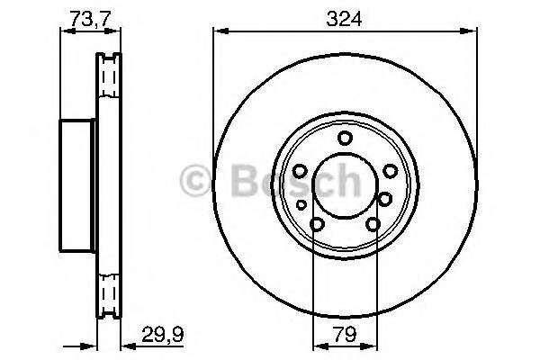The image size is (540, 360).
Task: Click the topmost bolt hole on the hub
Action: pos(345,138)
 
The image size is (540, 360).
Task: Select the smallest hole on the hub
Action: pos(301,206)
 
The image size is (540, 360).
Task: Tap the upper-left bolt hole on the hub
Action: pos(301,169)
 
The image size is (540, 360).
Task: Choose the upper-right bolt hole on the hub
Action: pos(389,170)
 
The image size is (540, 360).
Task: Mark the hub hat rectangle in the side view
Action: pos(77,185)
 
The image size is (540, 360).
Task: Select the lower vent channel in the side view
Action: pos(110,292)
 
